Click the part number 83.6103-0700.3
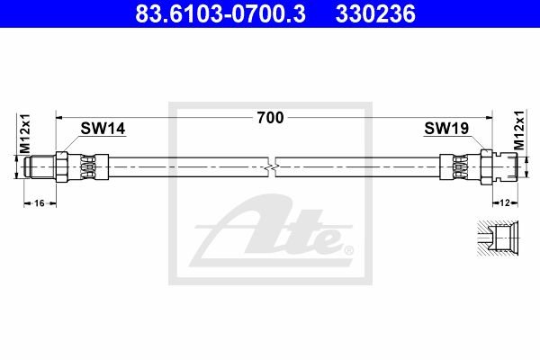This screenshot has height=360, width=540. tap(220, 13)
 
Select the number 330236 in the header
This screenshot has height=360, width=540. tap(375, 13)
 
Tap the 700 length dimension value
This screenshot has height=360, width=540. tap(270, 118)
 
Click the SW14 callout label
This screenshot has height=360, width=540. tap(103, 129)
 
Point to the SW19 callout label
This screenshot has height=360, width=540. tap(446, 128)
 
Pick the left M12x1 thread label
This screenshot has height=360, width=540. tap(25, 134)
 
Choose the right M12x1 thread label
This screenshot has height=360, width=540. tap(519, 130)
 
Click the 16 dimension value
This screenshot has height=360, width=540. tap(40, 203)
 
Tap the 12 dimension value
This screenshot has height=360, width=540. tap(505, 202)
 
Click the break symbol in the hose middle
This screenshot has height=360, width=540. tap(272, 167)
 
